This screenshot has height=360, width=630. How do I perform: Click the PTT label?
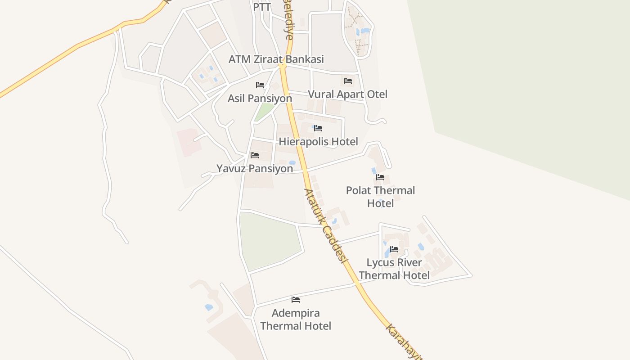[x=261, y=7]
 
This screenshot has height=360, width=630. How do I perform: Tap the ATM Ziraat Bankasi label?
[x=276, y=59]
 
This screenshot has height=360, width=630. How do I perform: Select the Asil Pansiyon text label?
[x=260, y=98]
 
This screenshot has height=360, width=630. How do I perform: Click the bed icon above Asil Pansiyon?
[x=260, y=85]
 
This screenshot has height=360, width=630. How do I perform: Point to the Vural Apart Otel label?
[x=347, y=94]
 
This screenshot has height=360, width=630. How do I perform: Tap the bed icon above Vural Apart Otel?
[x=347, y=81]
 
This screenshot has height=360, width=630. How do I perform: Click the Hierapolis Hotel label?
[x=318, y=142]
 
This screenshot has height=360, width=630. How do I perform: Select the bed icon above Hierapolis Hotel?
[x=318, y=128]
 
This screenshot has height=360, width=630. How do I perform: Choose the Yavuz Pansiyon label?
[x=255, y=169]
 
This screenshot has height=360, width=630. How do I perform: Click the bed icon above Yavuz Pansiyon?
[x=255, y=155]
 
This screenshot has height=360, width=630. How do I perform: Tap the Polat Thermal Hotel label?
[x=380, y=197]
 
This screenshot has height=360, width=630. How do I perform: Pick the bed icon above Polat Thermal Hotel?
[x=380, y=177]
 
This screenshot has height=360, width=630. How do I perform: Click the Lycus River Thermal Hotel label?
[x=394, y=269]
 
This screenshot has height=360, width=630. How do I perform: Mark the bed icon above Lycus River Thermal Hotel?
[x=394, y=249]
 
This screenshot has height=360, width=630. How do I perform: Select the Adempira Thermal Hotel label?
[x=296, y=319]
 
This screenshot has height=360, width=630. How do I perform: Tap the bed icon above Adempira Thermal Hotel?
[x=296, y=299]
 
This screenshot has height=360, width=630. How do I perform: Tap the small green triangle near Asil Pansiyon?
[x=265, y=112]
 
